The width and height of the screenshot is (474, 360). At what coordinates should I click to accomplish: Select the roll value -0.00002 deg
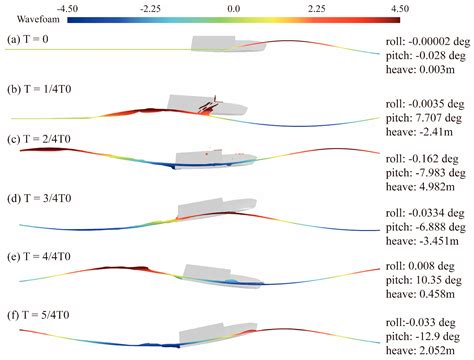427,41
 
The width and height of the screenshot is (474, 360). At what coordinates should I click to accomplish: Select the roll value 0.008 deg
421,268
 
